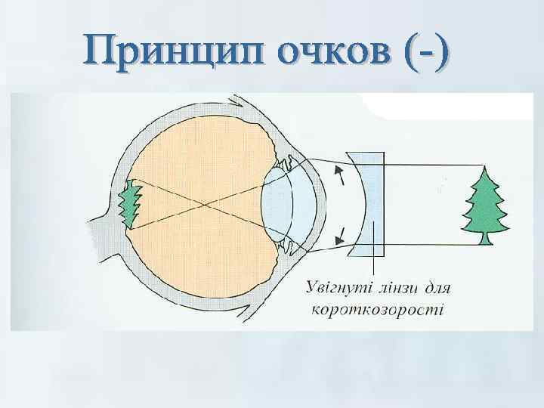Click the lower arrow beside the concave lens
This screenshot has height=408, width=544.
(x=342, y=230)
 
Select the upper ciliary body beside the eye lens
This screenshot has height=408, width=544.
(x=285, y=161)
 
